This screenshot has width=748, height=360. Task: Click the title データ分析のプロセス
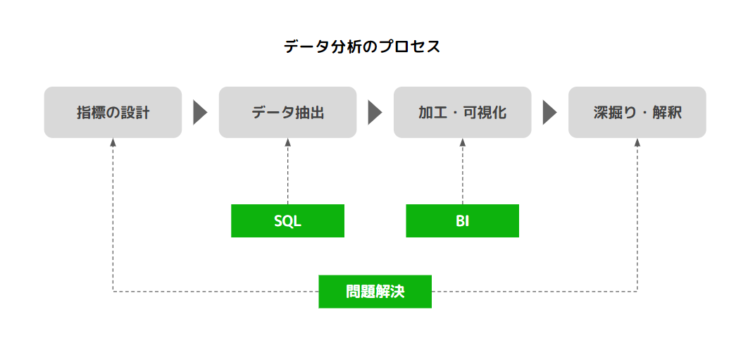(x=362, y=47)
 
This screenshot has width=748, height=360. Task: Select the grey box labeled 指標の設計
(x=113, y=112)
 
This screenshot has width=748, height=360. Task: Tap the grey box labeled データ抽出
(x=287, y=112)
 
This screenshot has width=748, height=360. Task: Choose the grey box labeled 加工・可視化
(x=462, y=112)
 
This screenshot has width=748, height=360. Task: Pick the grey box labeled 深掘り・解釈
(x=637, y=112)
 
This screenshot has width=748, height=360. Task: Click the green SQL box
(x=287, y=221)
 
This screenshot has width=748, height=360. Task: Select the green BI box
(x=462, y=221)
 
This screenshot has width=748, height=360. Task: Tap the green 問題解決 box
(x=375, y=291)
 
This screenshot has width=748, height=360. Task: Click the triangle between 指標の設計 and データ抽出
(x=200, y=113)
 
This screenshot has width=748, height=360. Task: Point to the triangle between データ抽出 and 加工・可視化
(x=375, y=113)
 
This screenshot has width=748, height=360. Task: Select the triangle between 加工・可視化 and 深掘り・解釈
(x=549, y=113)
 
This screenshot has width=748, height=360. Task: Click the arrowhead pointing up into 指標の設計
(x=113, y=142)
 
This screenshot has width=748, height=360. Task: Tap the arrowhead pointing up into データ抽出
(x=287, y=142)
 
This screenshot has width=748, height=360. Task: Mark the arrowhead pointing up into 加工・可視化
(x=463, y=142)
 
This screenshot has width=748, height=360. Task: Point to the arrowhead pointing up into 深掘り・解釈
(x=637, y=142)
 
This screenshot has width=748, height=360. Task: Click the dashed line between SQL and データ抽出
(x=287, y=176)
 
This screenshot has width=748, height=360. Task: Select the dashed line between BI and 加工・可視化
(x=463, y=176)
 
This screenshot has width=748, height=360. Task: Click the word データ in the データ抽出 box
(x=270, y=113)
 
